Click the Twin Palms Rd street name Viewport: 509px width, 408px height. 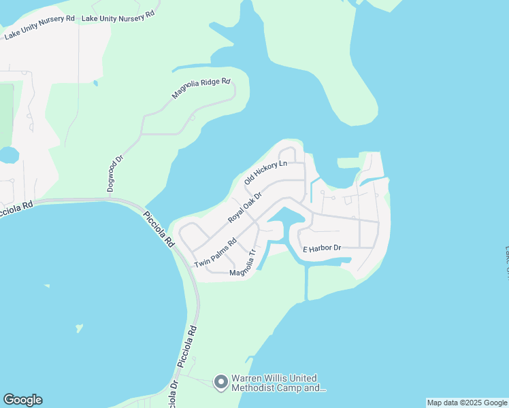pyautogui.click(x=215, y=253)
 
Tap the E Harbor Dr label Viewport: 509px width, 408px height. pyautogui.click(x=321, y=249)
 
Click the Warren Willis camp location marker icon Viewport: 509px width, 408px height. pyautogui.click(x=220, y=383)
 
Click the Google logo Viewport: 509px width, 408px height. pyautogui.click(x=22, y=400)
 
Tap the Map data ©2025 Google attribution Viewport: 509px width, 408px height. pyautogui.click(x=467, y=403)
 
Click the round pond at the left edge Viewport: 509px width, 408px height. pyautogui.click(x=9, y=156)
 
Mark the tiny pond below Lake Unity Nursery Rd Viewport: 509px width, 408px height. pyautogui.click(x=95, y=83)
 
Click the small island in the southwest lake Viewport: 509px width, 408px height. pyautogui.click(x=80, y=328)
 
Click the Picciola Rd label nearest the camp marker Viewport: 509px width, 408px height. pyautogui.click(x=188, y=347)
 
